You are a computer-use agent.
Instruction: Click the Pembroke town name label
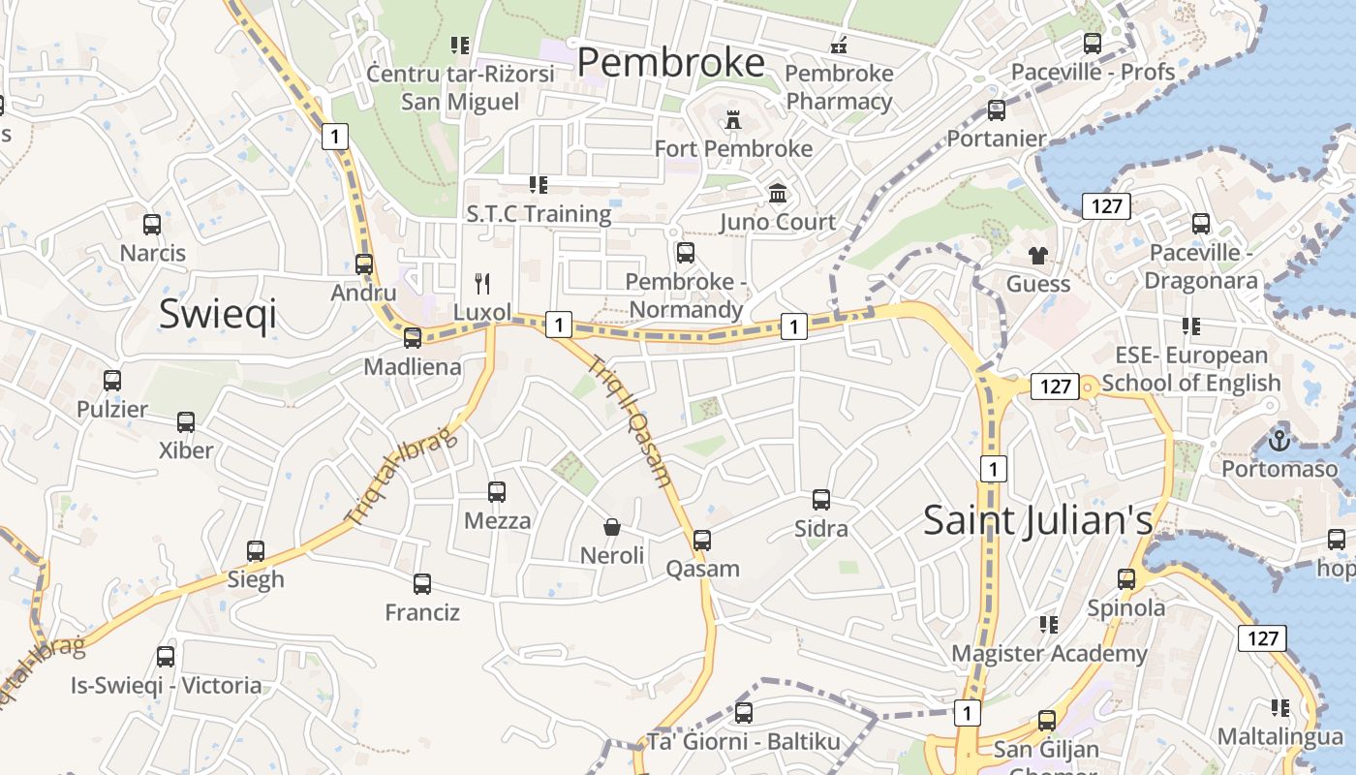pos(671,63)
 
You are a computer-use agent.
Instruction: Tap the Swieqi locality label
pos(218,314)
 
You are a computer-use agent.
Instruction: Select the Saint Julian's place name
pos(1037,520)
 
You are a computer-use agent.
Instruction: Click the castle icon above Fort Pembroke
pos(732,120)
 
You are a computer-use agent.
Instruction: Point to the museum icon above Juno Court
pos(778,194)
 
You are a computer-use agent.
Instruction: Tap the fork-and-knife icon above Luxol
pos(482,283)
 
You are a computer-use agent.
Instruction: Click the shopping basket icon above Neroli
pos(612,527)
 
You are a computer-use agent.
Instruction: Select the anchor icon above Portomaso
pos(1279,441)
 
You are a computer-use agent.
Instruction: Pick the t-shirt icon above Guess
pos(1038,256)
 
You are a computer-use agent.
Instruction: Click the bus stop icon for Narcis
pos(152,225)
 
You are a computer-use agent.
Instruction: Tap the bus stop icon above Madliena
pos(413,338)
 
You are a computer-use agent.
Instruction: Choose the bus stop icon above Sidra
pos(821,500)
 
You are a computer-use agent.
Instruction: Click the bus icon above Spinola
pos(1126,579)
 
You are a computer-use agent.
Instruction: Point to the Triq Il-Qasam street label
pos(631,420)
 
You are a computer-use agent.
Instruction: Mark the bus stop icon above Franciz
pos(422,584)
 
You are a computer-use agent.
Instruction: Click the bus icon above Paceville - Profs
pos(1093,44)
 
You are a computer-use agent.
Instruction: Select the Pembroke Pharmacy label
pos(839,87)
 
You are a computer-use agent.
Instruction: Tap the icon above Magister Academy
pos(1048,625)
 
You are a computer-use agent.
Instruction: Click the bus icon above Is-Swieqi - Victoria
pos(166,657)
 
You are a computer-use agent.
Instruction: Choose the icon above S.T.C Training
pos(539,185)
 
